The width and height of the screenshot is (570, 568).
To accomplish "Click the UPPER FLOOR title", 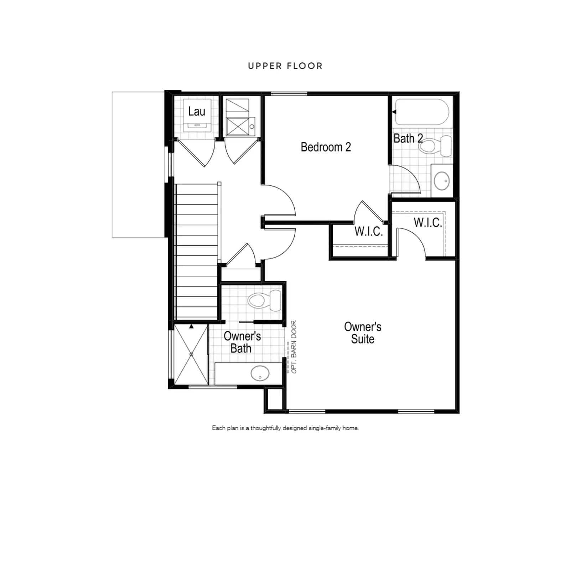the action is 285,66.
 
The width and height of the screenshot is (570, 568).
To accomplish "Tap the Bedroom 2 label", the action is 326,147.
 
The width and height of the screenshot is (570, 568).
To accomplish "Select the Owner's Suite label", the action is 363,333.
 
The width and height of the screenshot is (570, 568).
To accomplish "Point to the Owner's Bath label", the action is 242,342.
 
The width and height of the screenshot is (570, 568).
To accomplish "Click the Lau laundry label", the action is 197,112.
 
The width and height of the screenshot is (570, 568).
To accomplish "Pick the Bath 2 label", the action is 408,138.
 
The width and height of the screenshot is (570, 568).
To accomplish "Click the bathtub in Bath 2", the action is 422,112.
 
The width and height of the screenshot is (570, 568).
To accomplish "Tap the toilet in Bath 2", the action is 435,146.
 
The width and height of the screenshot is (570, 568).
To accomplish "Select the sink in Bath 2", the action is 442,181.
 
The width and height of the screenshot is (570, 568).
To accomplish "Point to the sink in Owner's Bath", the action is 260,373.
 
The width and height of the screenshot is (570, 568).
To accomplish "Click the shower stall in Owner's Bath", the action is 191,354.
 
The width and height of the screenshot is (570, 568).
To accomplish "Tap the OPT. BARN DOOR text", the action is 294,347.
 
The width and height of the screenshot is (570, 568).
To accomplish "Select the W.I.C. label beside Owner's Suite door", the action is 428,222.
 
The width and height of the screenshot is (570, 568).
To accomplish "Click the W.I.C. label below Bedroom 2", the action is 369,231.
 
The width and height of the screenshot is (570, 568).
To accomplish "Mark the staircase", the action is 197,251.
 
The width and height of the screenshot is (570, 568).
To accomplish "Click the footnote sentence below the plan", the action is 285,428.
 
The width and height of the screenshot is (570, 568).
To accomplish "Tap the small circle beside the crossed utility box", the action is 252,126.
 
